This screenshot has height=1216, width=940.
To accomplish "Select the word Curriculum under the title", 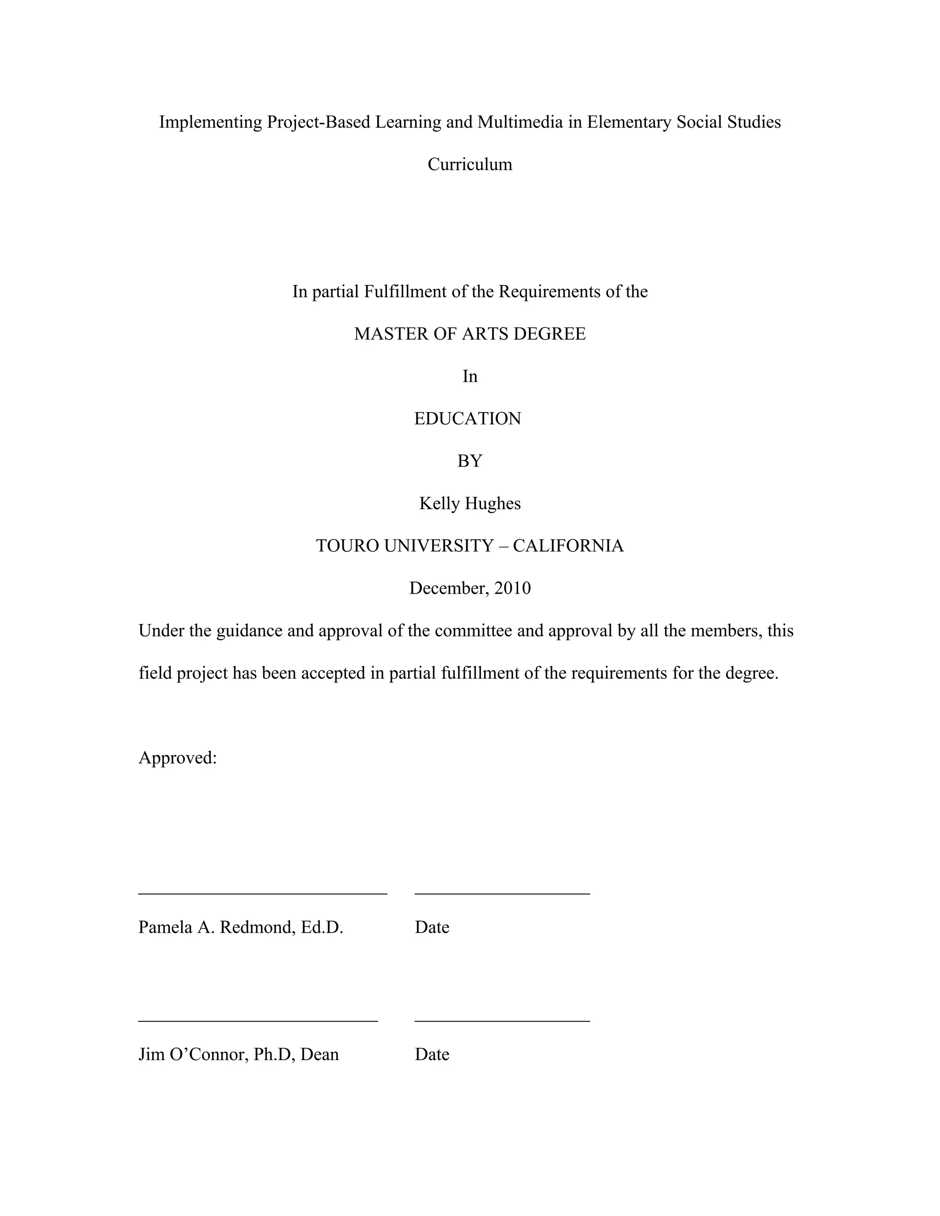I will click(x=470, y=164).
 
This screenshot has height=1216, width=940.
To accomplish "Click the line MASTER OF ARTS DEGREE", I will click(x=470, y=334).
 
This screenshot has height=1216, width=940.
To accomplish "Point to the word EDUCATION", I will click(x=467, y=418).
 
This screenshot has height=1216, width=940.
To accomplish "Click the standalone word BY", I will click(x=470, y=461).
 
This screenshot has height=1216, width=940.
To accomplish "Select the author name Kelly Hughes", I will click(x=470, y=503).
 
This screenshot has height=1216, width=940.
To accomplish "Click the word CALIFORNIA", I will click(x=568, y=546).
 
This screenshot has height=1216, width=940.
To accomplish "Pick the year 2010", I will click(x=512, y=588).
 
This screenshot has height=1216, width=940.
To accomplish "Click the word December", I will click(x=449, y=588).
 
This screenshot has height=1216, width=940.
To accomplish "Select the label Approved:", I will click(x=177, y=758).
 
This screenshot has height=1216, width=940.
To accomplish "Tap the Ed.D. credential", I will click(x=322, y=927).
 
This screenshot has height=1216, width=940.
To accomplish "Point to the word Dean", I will click(x=319, y=1054).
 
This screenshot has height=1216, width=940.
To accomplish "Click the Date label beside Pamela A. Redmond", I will click(x=431, y=927).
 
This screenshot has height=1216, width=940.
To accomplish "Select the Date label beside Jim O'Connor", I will click(x=431, y=1054).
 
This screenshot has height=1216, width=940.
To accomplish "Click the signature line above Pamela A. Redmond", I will click(x=262, y=893).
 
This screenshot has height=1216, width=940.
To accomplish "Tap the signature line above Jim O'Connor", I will click(x=258, y=1021).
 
